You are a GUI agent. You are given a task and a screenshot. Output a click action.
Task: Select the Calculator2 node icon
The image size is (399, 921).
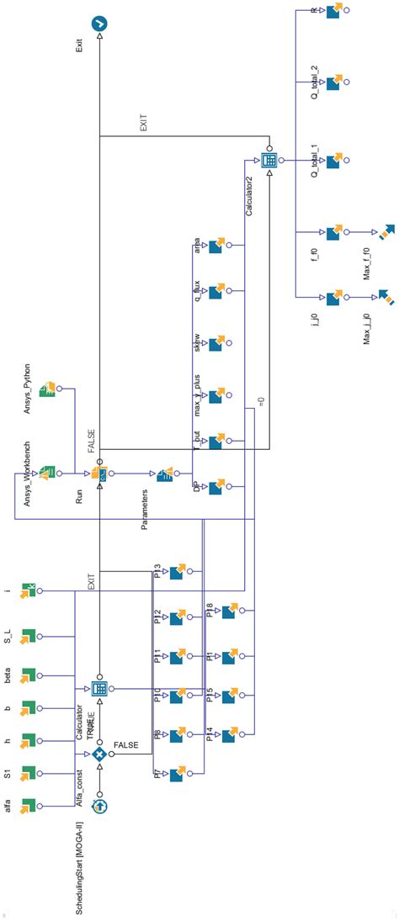269,159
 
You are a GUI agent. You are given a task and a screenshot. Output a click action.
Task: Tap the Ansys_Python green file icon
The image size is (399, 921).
48,389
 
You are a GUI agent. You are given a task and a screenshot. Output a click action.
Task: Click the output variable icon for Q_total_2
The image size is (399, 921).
333,82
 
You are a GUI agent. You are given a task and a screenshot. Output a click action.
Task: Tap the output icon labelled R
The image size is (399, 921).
333,11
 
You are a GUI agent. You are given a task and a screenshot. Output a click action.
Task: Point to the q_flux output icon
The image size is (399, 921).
215,292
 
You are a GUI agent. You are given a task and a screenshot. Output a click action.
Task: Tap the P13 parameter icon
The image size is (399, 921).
177,573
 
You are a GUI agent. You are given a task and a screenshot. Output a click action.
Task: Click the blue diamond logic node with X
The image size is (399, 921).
100,754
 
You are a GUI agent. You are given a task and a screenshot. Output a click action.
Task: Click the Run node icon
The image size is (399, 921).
100,474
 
